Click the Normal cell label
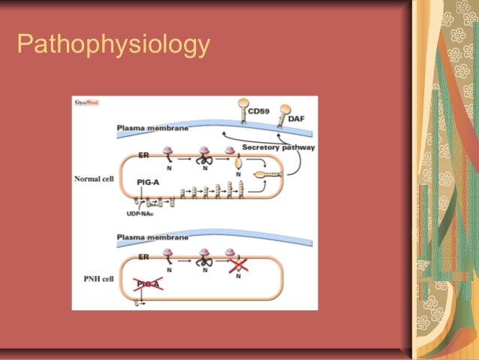93,180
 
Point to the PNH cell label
95,277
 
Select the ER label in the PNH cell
143,256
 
